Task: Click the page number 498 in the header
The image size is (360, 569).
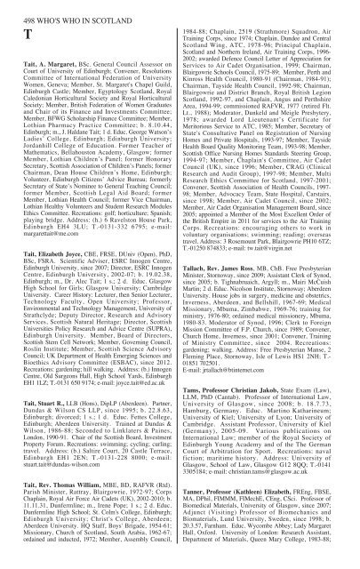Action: tap(20, 6)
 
